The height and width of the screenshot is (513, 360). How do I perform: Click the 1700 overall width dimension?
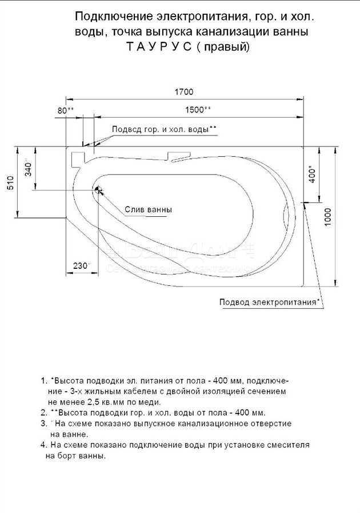pos(184,92)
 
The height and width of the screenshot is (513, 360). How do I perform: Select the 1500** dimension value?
pos(198,110)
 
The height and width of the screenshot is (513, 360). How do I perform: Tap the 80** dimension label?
pos(66,110)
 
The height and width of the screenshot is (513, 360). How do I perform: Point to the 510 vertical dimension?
pos(10,184)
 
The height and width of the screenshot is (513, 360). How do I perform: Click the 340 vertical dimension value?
pos(29,168)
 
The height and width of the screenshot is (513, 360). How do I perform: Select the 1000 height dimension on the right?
pos(328,217)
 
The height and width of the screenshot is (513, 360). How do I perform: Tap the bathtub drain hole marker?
pos(98,189)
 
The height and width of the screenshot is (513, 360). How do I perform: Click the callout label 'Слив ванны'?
pos(148,209)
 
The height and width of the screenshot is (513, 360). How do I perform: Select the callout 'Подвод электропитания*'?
pos(269,301)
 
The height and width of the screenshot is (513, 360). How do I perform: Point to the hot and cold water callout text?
pos(164,129)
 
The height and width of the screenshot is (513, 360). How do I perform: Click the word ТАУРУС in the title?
pos(159,47)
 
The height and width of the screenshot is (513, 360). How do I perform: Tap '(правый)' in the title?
pos(223,47)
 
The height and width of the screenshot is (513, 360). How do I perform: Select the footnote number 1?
pos(43,381)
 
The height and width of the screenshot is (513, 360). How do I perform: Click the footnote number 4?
pos(43,445)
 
